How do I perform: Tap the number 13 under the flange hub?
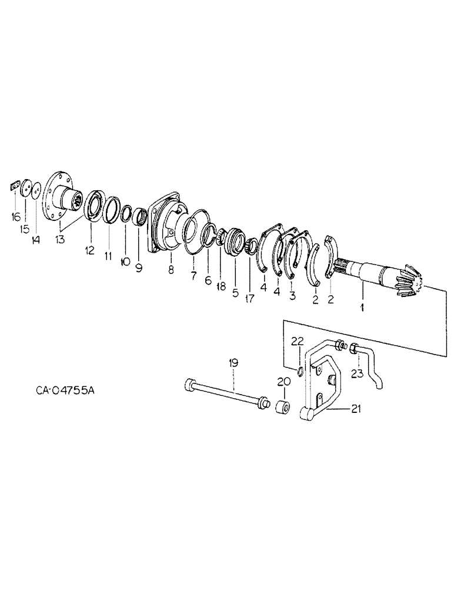61,239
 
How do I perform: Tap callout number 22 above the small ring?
298,342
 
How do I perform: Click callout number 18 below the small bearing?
221,286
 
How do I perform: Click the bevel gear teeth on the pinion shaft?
408,280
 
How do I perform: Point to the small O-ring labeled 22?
300,370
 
